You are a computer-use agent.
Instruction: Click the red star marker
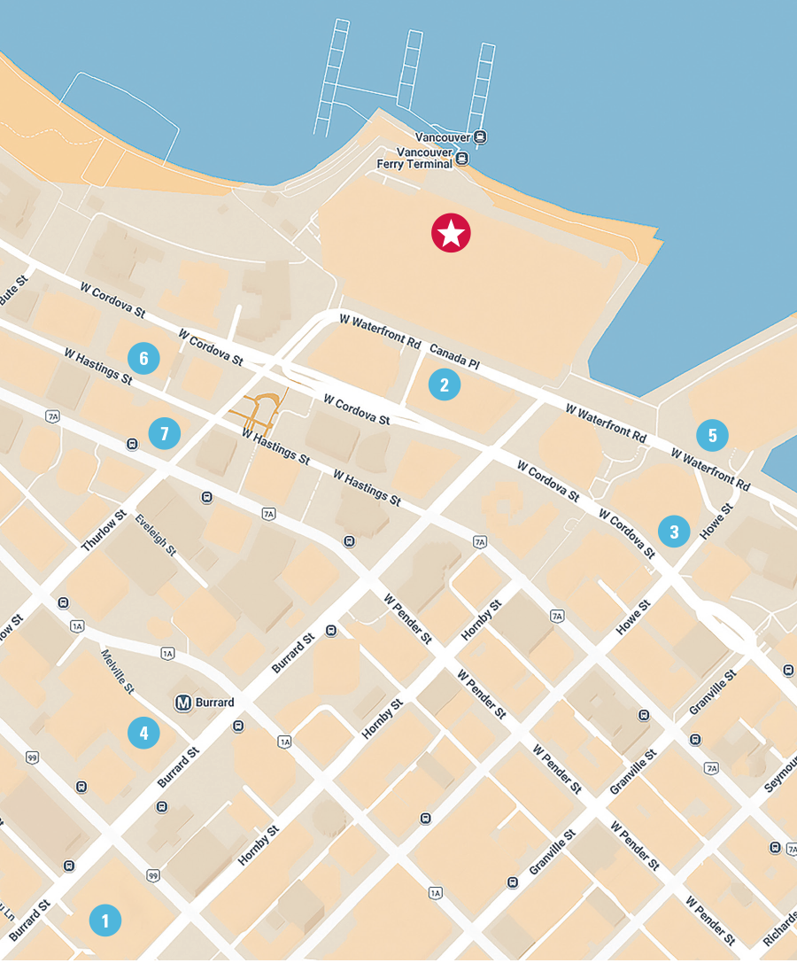coord(451,233)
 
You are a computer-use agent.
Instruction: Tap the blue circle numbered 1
coord(105,920)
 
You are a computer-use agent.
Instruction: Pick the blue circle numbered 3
coord(674,532)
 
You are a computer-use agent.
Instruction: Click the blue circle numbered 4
coord(143,733)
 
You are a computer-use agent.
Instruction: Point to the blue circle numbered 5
coord(712,435)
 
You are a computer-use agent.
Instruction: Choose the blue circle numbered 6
coord(143,359)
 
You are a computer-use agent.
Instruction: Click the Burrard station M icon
coord(183,703)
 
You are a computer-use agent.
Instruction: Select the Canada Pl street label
coord(454,357)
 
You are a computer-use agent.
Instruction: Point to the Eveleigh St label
coord(156,536)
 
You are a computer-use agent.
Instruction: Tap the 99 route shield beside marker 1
coord(154,876)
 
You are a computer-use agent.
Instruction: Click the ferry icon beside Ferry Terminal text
coord(461,162)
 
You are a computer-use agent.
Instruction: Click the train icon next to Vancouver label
coord(479,136)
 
